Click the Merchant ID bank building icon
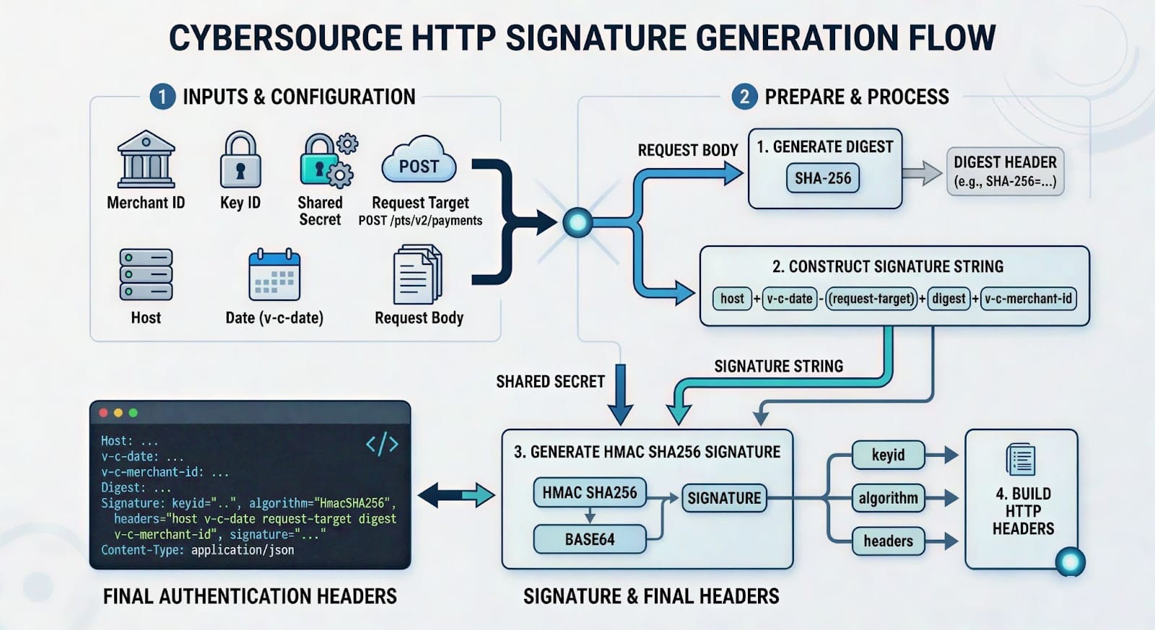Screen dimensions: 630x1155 pyautogui.click(x=146, y=160)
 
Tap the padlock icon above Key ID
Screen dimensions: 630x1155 pyautogui.click(x=240, y=160)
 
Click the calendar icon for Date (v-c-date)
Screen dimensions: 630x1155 pyautogui.click(x=274, y=275)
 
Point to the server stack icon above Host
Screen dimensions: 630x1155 pyautogui.click(x=146, y=275)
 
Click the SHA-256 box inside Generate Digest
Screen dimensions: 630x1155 pyautogui.click(x=823, y=178)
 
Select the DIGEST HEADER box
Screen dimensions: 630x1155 pyautogui.click(x=1005, y=172)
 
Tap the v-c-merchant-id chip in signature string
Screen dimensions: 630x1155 pyautogui.click(x=1028, y=299)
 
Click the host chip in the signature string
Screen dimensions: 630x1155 pyautogui.click(x=732, y=299)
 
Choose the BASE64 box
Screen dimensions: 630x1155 pyautogui.click(x=589, y=539)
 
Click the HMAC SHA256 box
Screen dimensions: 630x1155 pyautogui.click(x=589, y=493)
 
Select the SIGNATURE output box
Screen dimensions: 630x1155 pyautogui.click(x=723, y=498)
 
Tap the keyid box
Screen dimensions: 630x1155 pyautogui.click(x=888, y=455)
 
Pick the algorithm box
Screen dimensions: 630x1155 pyautogui.click(x=888, y=498)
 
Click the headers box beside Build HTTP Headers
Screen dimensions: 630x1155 pyautogui.click(x=888, y=541)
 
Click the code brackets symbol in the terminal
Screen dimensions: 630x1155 pyautogui.click(x=382, y=444)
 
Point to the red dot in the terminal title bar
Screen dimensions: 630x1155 pyautogui.click(x=103, y=413)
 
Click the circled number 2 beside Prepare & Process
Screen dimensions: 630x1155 pyautogui.click(x=744, y=97)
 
